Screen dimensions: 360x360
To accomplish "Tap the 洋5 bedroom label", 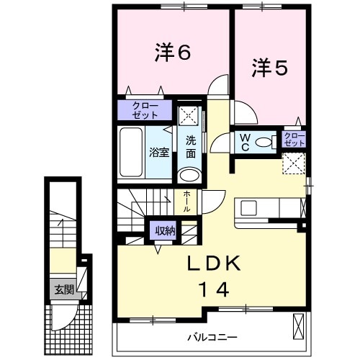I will [x=270, y=68].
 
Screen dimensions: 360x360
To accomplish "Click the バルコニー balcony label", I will [x=213, y=336].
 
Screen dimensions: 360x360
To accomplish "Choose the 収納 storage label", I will [x=164, y=231].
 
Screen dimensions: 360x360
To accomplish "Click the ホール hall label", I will [x=187, y=200].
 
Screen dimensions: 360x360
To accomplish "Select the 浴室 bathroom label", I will [x=159, y=152].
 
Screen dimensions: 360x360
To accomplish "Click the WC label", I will [x=245, y=143].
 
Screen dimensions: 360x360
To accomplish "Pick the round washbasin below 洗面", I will [x=189, y=175].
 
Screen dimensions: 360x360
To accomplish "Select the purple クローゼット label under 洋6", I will [x=146, y=110].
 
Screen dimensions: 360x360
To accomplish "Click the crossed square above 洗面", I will [x=189, y=114].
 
